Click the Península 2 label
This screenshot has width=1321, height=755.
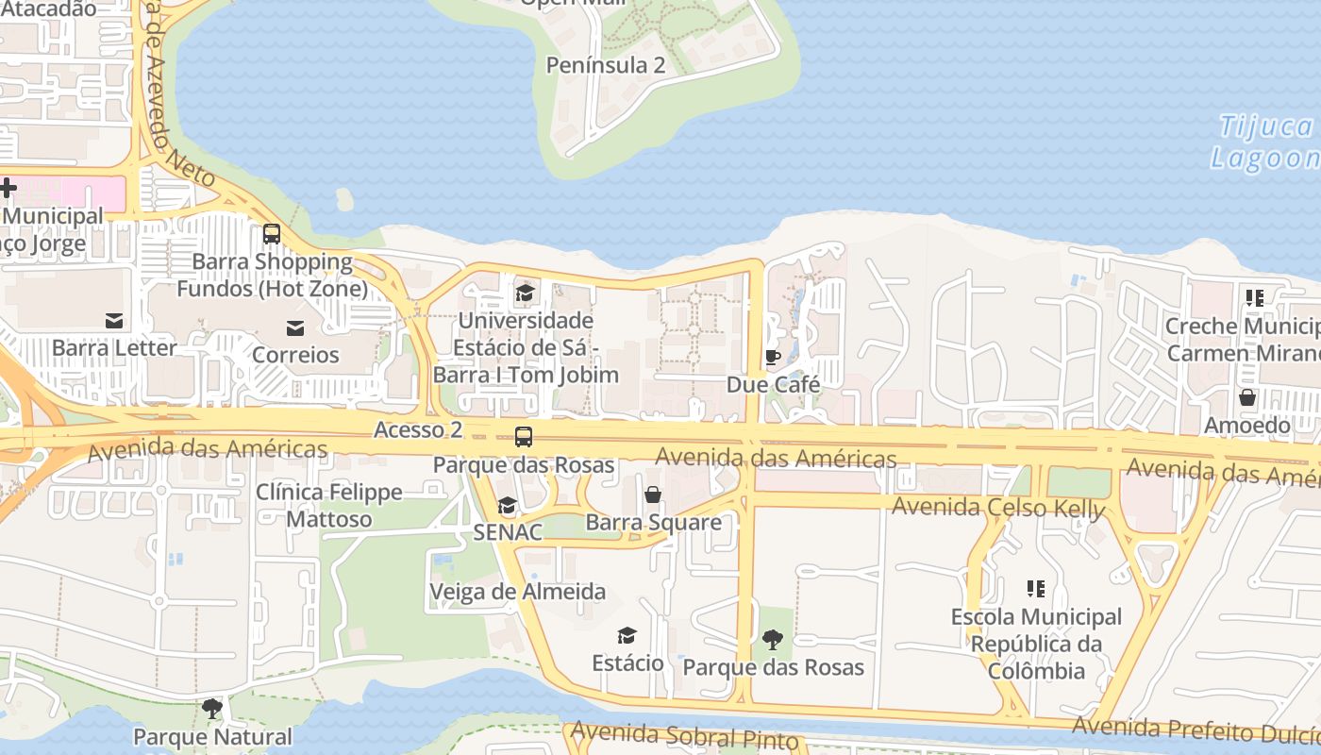coord(606,65)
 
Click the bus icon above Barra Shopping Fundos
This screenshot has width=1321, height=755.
coord(272,233)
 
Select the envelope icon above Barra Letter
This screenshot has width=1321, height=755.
coord(114,321)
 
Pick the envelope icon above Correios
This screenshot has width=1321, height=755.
coord(295,327)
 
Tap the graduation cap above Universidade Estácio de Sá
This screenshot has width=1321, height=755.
coord(525,294)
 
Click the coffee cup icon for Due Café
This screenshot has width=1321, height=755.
coord(773,357)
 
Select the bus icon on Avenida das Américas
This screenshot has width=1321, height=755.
coord(523,437)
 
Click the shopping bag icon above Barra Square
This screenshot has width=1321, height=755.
coord(652,495)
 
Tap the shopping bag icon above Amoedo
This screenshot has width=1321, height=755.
coord(1247,397)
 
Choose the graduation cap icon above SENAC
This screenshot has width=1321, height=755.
coord(508,505)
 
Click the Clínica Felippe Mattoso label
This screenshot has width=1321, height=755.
coord(329,506)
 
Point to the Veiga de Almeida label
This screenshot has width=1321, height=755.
coord(517,592)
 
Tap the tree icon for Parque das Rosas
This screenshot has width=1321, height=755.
coord(773,640)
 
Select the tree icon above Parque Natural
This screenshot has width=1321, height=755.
coord(212,708)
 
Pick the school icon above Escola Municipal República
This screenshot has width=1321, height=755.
coord(1036,589)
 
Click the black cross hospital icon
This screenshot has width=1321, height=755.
coord(8,188)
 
